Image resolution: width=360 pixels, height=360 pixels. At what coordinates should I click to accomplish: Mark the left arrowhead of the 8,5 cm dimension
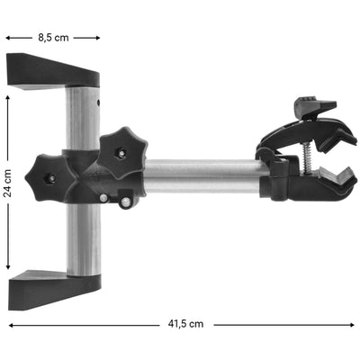click(x=8, y=38)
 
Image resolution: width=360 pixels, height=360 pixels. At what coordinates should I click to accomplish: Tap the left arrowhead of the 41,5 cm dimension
click(x=11, y=323)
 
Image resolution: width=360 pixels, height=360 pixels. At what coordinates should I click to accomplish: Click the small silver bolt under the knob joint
click(x=105, y=199)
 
